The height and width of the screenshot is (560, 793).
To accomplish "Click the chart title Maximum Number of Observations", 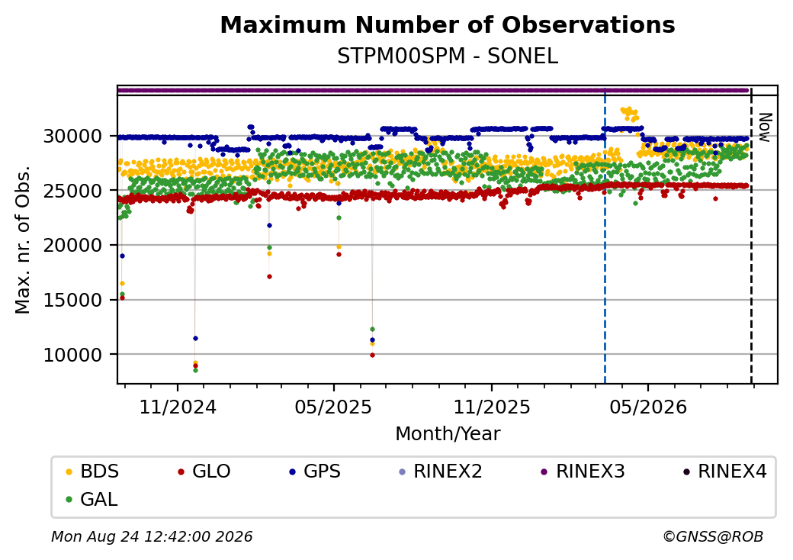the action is click(448, 24).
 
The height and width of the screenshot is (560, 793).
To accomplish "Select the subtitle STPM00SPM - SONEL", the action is click(448, 56).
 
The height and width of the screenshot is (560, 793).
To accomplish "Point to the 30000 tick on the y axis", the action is click(73, 136).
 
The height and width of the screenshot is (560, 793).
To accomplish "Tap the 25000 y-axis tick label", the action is click(73, 191).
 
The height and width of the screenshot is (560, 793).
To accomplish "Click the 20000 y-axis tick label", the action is click(73, 246).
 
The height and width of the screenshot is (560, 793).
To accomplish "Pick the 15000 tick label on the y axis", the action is click(73, 300).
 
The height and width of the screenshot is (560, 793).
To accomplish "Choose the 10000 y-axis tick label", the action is click(73, 355).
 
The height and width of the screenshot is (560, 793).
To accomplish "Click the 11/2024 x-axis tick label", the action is click(178, 407).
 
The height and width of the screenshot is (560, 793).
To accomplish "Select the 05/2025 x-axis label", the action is click(333, 407).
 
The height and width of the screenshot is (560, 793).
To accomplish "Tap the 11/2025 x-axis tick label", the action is click(492, 407).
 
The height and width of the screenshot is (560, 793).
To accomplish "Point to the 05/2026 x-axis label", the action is click(648, 407).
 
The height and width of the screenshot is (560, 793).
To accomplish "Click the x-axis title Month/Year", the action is click(448, 434).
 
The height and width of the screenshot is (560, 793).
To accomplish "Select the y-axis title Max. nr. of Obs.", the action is click(23, 240).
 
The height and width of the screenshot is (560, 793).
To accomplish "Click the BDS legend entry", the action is click(93, 471).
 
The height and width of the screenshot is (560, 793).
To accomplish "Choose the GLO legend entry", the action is click(204, 471).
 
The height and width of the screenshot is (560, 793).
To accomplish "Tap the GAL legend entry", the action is click(92, 499).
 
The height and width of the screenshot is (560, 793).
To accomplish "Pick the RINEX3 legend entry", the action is click(583, 471).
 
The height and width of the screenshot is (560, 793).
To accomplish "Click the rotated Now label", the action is click(766, 127).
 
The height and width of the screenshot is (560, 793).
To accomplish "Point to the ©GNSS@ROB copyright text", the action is click(713, 536).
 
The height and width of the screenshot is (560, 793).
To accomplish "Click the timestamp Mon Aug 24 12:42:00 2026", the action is click(152, 536).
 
